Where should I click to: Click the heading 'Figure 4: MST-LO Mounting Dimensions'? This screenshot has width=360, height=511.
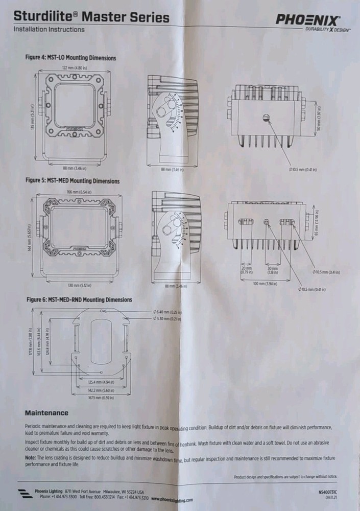71,58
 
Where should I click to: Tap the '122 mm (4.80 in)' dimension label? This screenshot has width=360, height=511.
74,67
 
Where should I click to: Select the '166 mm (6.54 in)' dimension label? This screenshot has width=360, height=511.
79,192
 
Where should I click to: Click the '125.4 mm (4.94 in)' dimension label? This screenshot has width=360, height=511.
100,382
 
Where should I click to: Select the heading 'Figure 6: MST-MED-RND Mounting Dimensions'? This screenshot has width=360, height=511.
79,299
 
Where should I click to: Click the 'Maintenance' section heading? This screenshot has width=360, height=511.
46,413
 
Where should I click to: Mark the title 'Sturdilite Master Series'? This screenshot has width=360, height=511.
92,18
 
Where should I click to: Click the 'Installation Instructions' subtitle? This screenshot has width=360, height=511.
49,30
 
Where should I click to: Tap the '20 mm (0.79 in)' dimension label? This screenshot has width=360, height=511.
246,270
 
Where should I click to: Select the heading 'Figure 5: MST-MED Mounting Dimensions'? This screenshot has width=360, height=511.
73,181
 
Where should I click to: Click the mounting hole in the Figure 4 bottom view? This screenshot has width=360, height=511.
266,118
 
